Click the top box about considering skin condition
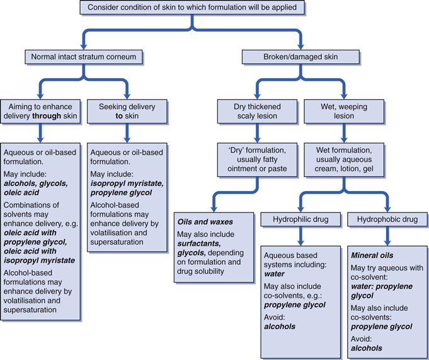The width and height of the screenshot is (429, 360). (x=193, y=8)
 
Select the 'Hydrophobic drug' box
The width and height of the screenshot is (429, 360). (x=387, y=221)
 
